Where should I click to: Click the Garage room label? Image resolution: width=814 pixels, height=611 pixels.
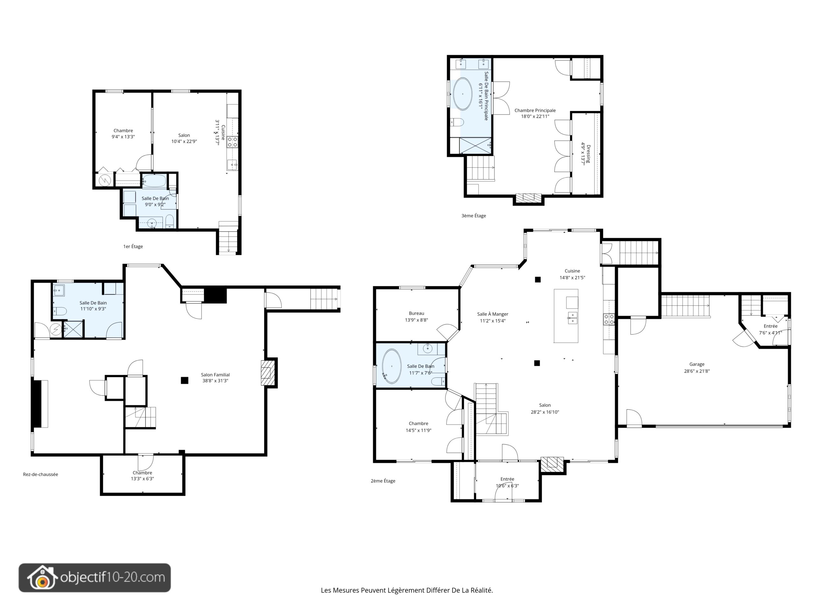point(697,364)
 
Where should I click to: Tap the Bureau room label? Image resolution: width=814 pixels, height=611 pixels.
point(416,313)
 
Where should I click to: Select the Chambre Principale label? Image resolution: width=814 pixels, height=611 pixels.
point(535,110)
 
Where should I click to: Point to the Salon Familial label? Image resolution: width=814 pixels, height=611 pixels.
point(215,375)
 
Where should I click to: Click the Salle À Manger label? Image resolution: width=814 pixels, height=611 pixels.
point(492,314)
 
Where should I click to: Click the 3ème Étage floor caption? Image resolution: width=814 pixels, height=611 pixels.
point(473,216)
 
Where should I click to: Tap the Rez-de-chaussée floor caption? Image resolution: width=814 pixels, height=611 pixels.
point(40,474)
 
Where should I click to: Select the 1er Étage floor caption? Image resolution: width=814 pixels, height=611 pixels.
point(133,246)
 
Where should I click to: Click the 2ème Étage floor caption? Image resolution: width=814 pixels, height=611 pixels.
point(383,481)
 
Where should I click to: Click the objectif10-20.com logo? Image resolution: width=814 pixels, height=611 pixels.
point(94,578)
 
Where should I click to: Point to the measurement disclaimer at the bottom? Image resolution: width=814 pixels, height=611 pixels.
point(407,590)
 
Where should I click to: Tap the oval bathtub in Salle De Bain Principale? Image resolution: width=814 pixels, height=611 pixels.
point(462,94)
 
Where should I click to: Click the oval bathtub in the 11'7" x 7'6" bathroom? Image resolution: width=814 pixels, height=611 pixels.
point(391,367)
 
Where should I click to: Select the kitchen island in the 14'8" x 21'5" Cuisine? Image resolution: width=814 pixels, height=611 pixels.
point(566,316)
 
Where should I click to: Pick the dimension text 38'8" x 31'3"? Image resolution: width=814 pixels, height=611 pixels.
point(215,381)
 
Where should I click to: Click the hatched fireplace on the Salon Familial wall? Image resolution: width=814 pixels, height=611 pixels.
point(268,373)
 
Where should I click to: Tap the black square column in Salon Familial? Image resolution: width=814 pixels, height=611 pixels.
point(184,381)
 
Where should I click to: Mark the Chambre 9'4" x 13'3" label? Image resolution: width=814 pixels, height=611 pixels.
point(123,134)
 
